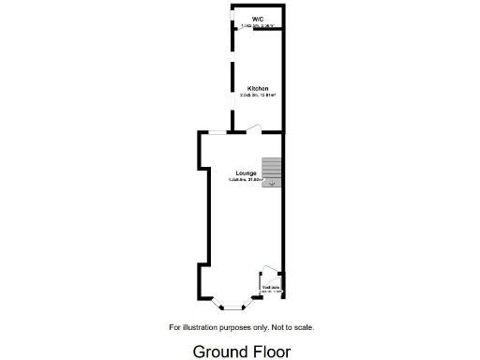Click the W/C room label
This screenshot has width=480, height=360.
258,20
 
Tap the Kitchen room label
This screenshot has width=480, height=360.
258,88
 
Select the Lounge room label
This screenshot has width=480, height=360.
247,173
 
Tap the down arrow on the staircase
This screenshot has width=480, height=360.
272,184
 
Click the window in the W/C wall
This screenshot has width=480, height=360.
232,20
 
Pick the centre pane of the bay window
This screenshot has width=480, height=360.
231,306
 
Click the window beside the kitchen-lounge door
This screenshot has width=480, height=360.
216,133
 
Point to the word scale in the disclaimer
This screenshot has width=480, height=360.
303,327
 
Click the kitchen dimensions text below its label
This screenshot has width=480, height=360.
258,95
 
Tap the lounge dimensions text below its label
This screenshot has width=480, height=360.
247,180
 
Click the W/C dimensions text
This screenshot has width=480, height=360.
258,26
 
